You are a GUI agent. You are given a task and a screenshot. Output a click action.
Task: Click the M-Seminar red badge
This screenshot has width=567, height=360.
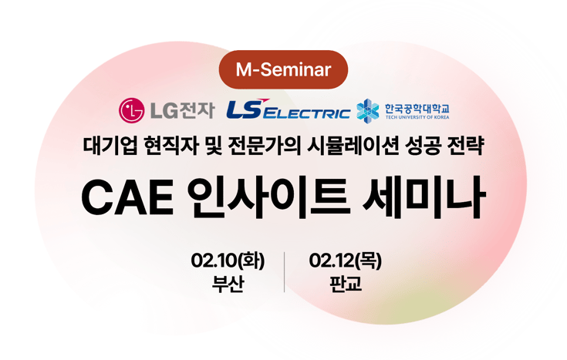pos(283,70)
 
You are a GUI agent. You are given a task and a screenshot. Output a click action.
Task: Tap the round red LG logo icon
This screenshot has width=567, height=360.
pos(131,111)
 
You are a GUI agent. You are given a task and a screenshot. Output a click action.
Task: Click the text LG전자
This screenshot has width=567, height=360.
pos(181,111)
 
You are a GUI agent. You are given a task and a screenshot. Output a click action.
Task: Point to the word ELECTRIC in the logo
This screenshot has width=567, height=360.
pos(308,114)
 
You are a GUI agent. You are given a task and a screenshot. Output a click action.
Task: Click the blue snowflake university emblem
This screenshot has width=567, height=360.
pos(368,111)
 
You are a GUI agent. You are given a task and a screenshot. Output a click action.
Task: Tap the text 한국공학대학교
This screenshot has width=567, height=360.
pos(417,107)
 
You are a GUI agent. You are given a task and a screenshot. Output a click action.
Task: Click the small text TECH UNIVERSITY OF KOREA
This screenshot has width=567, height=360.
pos(417,117)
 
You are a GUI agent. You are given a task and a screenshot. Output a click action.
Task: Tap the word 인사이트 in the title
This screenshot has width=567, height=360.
pos(265,198)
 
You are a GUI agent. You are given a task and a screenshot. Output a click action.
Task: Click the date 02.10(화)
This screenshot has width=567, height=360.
pos(228,261)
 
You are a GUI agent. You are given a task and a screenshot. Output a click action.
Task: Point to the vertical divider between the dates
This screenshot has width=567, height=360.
pos(285,271)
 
